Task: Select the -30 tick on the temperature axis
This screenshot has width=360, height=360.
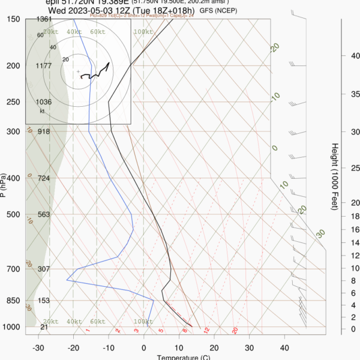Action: pos(38,347)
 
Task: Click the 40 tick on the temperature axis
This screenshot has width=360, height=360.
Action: pos(284,347)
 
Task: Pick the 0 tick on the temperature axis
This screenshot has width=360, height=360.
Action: pos(144,347)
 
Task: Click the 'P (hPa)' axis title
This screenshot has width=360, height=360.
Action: pos(4,186)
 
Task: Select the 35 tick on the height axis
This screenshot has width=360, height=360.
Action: pos(353,94)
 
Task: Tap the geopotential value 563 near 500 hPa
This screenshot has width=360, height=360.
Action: pos(43,214)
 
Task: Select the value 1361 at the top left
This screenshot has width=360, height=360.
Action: pos(43,20)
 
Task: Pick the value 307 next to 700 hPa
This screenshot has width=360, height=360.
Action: pos(43,269)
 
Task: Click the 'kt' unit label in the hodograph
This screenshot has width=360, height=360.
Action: pos(43,111)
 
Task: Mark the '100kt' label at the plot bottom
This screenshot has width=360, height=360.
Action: pos(143,322)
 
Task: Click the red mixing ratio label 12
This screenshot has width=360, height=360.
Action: pos(206,330)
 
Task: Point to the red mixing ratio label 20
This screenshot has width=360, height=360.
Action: pos(235,330)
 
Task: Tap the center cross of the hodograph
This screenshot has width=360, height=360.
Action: pos(78,72)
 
